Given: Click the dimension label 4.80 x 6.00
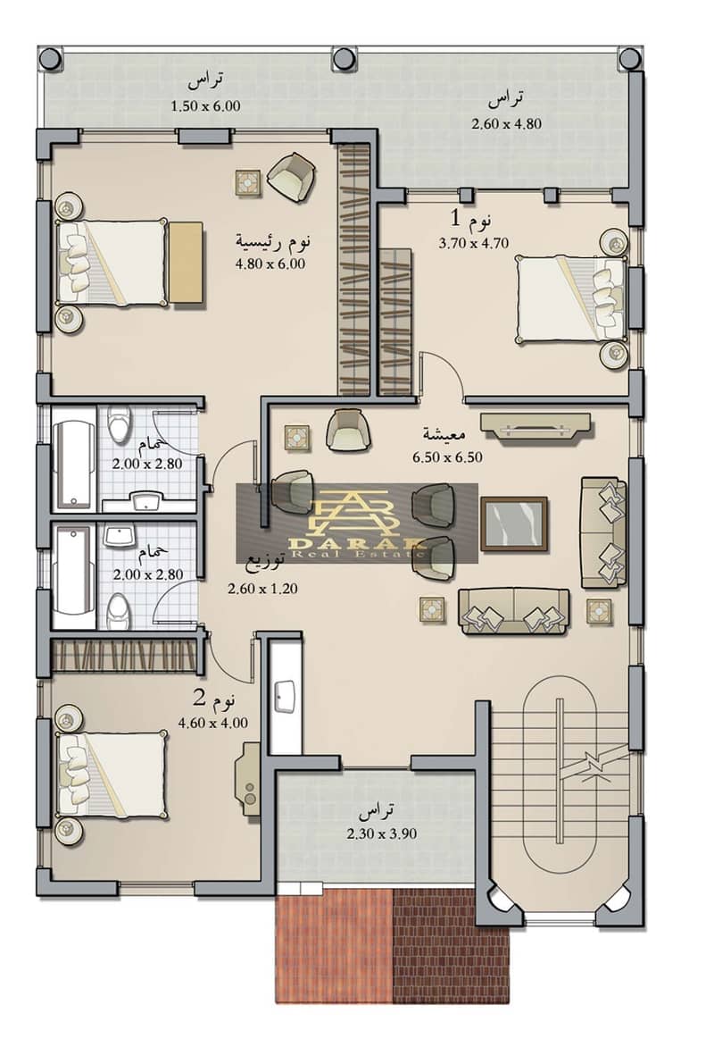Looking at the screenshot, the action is click(270, 264).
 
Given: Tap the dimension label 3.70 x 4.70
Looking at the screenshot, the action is click(473, 243).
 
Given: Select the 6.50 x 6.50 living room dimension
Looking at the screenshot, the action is click(447, 457).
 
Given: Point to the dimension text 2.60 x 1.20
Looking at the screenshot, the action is click(262, 589).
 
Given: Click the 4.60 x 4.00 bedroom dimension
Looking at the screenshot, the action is click(213, 723).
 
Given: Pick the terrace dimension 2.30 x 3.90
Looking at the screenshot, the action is click(382, 833).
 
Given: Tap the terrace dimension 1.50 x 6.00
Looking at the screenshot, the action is click(205, 105).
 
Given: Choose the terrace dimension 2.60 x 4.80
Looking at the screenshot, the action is click(506, 123).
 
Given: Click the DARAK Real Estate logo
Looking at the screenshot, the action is click(357, 523).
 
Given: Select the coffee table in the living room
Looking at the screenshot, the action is click(514, 524).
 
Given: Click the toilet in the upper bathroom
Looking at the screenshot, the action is click(119, 424).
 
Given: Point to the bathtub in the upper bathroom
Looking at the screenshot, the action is click(74, 463).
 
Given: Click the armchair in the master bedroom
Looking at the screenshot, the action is click(292, 177).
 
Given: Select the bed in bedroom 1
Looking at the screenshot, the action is click(572, 300).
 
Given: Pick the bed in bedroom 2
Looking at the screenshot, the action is click(112, 775).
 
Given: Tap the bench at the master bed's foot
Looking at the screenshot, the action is click(186, 263).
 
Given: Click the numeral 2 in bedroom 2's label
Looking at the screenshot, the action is click(200, 699).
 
